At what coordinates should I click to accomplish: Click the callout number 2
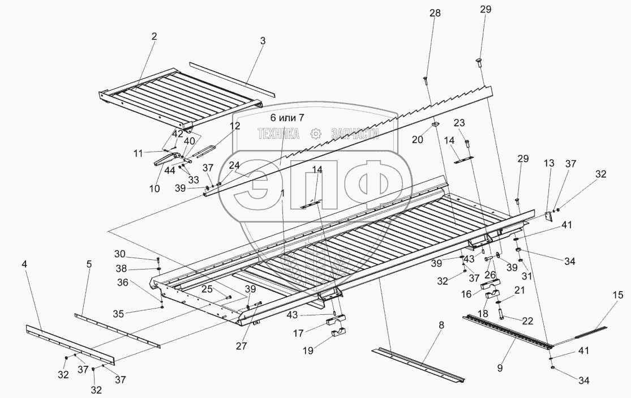[154, 36]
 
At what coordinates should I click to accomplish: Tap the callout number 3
[263, 41]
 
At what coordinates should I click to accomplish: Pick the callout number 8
[441, 325]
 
